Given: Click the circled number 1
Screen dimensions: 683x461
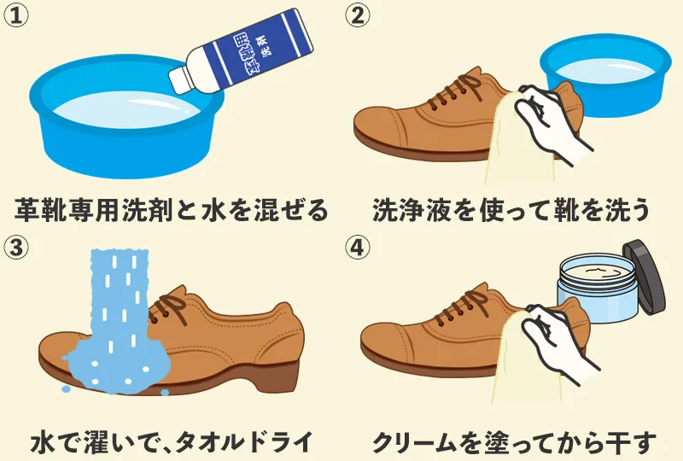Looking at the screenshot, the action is (x=16, y=15).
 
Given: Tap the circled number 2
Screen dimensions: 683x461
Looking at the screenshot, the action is (x=358, y=15).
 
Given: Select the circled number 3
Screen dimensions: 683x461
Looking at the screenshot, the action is (x=16, y=248).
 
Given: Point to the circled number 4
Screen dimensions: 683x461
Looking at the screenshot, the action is (x=358, y=248).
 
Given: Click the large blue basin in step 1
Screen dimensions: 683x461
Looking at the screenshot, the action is (x=126, y=117).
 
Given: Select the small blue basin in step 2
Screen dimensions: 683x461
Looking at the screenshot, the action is (x=605, y=75).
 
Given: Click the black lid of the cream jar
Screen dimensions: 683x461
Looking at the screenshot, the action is (x=644, y=277).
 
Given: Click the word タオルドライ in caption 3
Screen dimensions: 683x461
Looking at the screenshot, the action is (x=243, y=442).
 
